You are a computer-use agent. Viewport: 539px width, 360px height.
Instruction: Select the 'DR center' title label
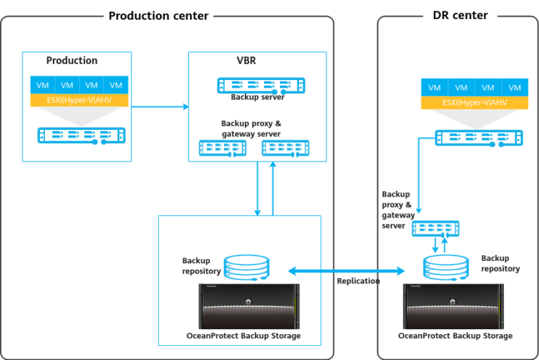[x=460, y=15]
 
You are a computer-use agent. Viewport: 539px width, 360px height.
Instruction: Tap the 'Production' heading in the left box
[x=72, y=61]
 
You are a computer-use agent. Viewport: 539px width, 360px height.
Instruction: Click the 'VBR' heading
[x=246, y=61]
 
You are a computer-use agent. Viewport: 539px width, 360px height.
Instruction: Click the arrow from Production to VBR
[x=160, y=107]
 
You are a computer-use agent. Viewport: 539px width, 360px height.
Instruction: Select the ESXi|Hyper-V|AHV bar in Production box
[x=79, y=100]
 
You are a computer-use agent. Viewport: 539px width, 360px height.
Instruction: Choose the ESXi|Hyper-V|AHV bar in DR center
[x=474, y=103]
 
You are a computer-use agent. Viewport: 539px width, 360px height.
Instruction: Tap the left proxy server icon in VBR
[x=223, y=148]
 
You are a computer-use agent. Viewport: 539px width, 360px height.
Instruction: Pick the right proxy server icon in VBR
[x=286, y=148]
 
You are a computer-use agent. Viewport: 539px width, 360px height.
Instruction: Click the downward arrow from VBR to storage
[x=258, y=188]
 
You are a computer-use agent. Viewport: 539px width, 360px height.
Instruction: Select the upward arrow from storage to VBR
[x=273, y=188]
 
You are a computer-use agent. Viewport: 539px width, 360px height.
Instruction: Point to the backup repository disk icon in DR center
[x=446, y=267]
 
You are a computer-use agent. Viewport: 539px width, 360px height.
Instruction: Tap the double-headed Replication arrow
[x=347, y=270]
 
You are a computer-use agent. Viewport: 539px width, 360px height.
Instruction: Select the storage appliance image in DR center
[x=453, y=305]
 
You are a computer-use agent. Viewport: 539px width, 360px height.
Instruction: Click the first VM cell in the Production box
[x=42, y=85]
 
